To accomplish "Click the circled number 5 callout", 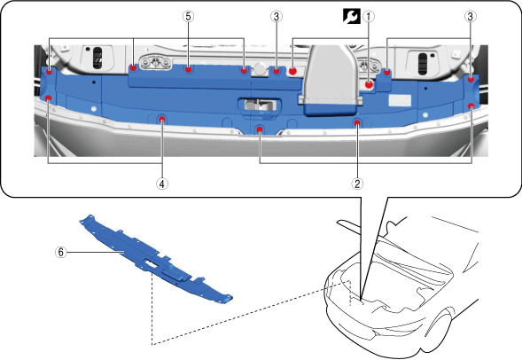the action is (x=189, y=16).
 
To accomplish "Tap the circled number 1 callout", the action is (x=369, y=16).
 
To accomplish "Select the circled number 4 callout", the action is (x=162, y=184).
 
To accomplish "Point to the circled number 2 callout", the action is (x=357, y=184).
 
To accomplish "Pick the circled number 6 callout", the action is (x=60, y=252).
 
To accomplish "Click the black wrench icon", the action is (x=352, y=16).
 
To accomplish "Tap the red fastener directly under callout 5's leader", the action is (x=189, y=69).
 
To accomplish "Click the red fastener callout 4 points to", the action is (x=162, y=119).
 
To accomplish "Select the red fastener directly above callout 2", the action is (x=357, y=123).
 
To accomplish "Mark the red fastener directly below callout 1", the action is (x=369, y=84).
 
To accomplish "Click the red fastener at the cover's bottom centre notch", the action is (x=260, y=129).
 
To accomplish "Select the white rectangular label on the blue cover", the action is (x=400, y=100).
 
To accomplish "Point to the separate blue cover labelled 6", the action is (x=155, y=260).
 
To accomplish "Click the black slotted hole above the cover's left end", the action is (x=97, y=58).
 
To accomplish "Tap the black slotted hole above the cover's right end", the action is (x=422, y=63).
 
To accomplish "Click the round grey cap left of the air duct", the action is (x=260, y=69).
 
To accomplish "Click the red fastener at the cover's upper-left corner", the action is (x=50, y=72).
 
